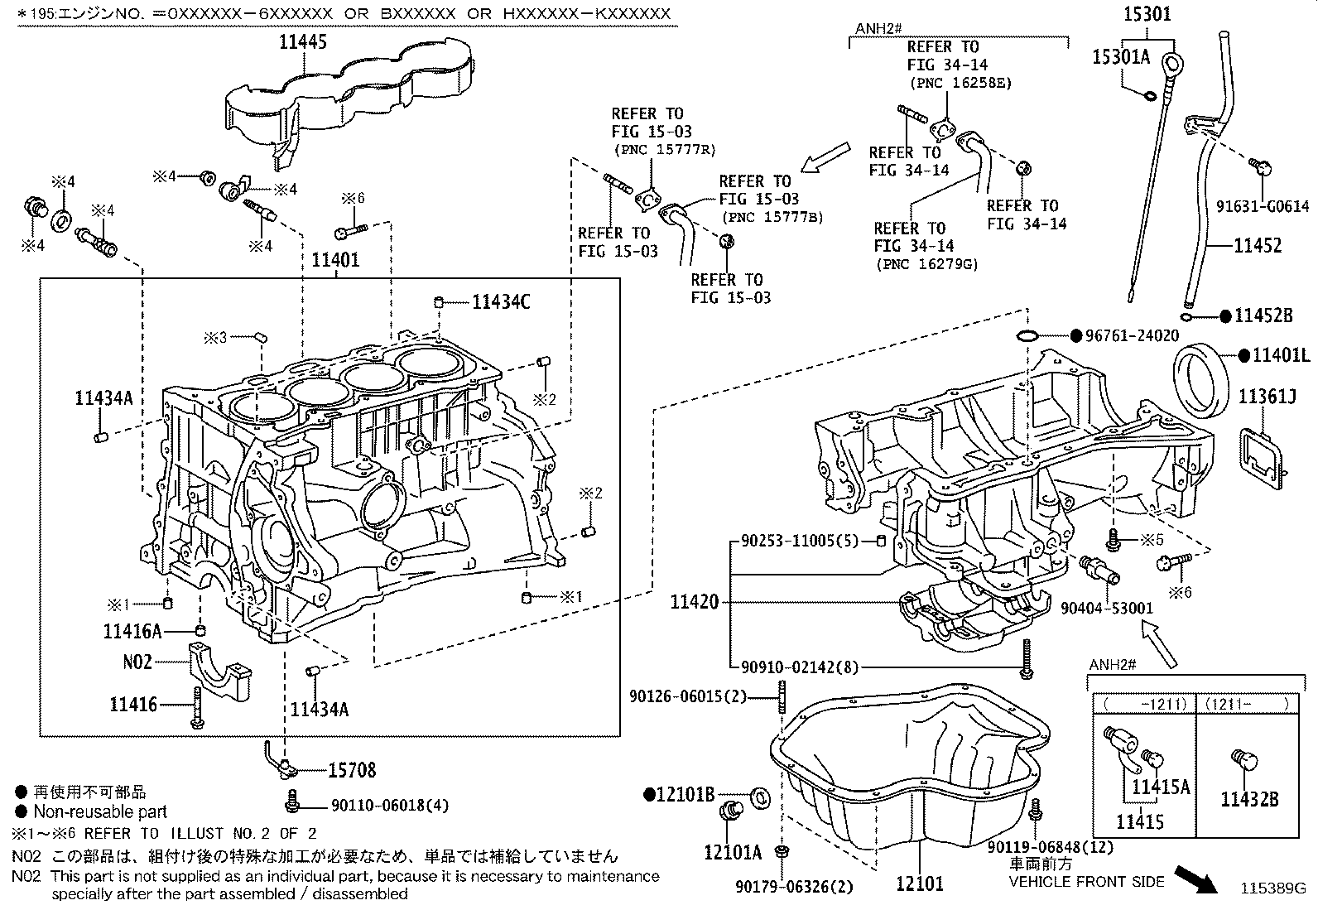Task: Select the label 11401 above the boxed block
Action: [x=335, y=260]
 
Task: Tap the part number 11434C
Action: [x=501, y=302]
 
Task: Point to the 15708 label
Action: [x=352, y=770]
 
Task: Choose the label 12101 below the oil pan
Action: [x=919, y=884]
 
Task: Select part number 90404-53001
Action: [x=1107, y=608]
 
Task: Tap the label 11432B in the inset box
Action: [x=1249, y=799]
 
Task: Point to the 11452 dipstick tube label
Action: [x=1257, y=245]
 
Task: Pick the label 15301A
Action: [x=1121, y=56]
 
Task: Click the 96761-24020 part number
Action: [x=1132, y=336]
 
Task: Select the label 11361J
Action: [x=1267, y=397]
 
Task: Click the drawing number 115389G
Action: [x=1272, y=888]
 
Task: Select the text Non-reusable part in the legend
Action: [x=99, y=812]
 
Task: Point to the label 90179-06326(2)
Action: [x=793, y=887]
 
